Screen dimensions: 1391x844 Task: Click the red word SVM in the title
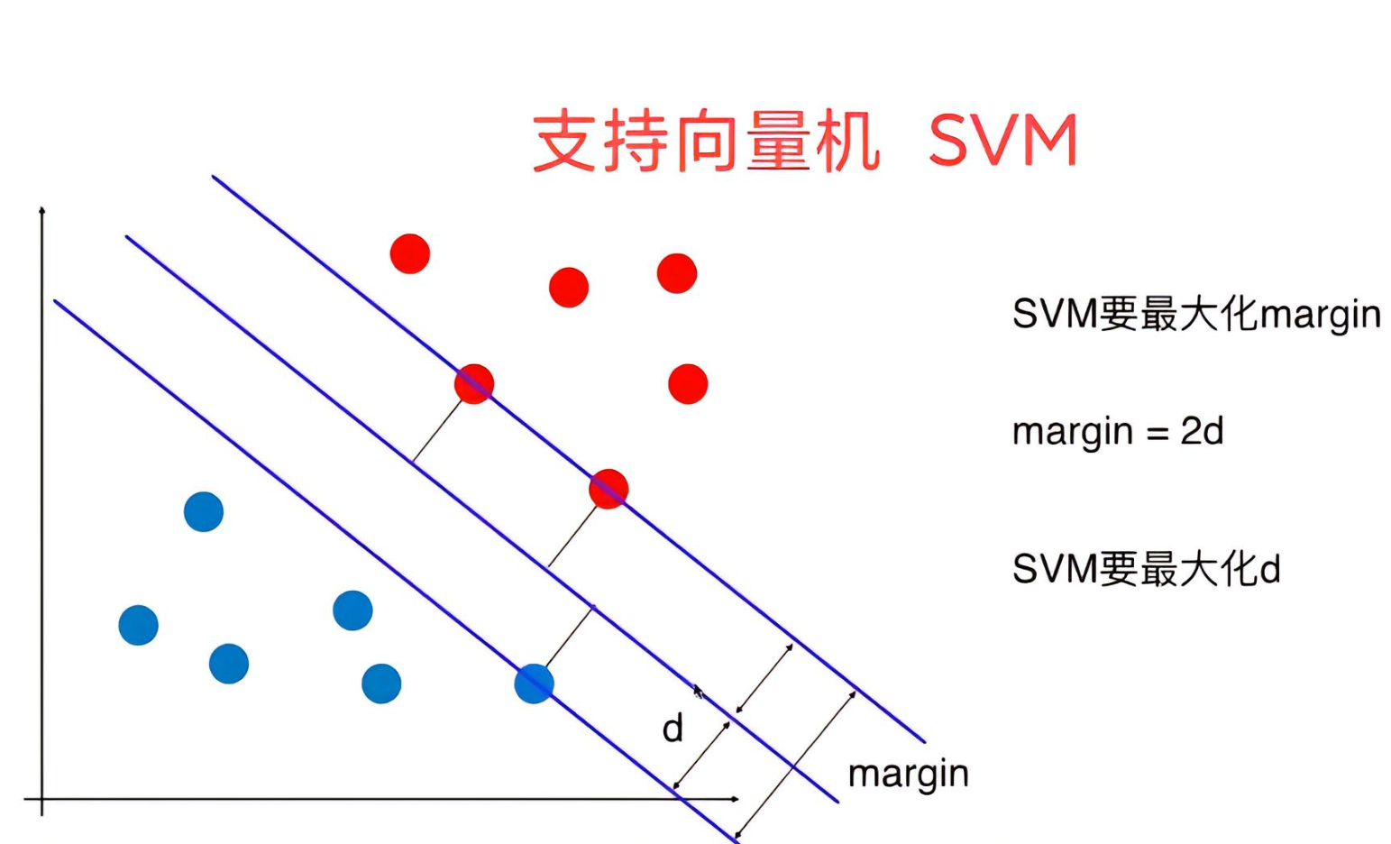(1002, 142)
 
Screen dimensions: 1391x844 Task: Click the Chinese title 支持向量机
(705, 142)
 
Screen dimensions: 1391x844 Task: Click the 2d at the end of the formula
(1202, 431)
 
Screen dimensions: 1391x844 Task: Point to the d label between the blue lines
(673, 728)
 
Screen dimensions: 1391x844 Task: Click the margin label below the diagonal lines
(908, 775)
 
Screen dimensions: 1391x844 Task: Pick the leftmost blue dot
(139, 625)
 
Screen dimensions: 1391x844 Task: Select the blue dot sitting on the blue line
(534, 683)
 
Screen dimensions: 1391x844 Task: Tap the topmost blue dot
(204, 511)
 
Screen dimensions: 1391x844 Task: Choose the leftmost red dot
(410, 253)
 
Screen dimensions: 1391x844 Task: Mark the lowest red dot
(609, 489)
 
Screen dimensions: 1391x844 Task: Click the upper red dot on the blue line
(474, 384)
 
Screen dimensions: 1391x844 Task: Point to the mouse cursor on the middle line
(698, 692)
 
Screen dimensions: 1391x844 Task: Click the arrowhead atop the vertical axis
(42, 211)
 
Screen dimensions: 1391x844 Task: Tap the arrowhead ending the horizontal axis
(736, 799)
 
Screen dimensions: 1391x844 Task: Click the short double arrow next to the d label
(702, 755)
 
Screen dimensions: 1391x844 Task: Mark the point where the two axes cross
(42, 799)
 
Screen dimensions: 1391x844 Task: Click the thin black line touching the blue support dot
(569, 638)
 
